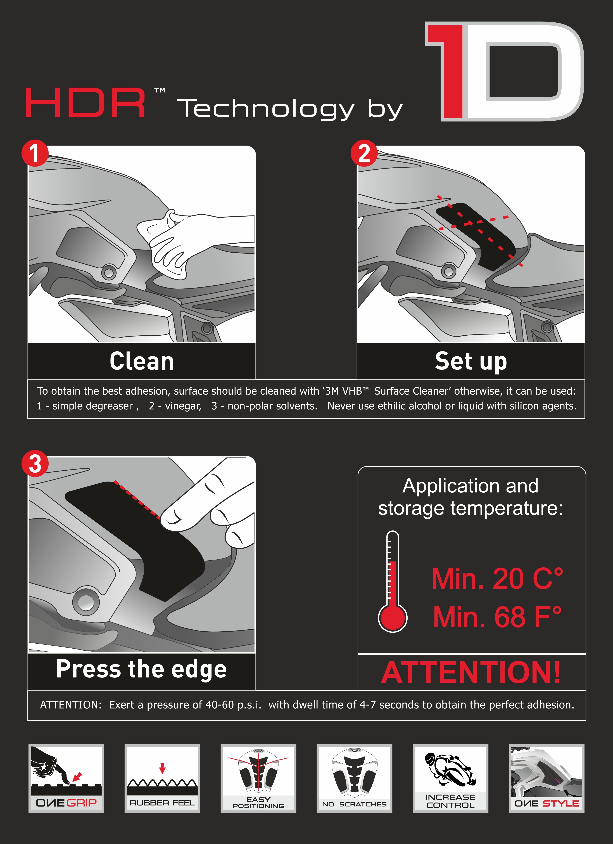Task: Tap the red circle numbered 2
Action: pos(364,153)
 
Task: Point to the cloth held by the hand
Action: pos(164,246)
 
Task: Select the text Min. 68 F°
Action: pos(497,617)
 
